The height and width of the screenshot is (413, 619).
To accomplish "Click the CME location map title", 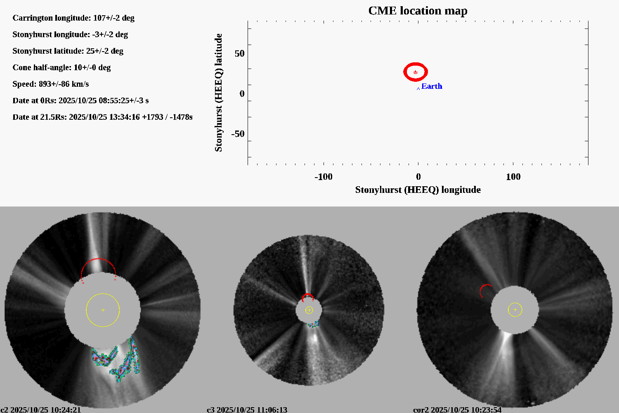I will [418, 11].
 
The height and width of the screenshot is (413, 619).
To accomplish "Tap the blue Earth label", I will [432, 86].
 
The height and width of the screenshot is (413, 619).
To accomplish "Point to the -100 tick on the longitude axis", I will [324, 177].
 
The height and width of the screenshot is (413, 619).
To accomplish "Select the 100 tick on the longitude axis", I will [513, 177].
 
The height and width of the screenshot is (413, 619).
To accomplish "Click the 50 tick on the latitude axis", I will [239, 54].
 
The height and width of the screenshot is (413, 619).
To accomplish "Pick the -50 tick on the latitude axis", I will [238, 134].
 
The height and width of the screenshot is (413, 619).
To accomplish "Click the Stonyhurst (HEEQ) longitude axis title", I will [418, 190].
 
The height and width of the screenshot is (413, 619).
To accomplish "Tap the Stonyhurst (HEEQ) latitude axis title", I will [218, 93].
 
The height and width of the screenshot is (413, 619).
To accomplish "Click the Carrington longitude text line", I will [73, 18].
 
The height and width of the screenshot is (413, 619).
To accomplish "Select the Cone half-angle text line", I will [61, 67].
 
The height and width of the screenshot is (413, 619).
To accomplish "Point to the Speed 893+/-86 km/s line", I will [50, 84].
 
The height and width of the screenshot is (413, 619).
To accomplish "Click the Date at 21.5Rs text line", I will [102, 117].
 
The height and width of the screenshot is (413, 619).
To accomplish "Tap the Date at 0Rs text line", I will [80, 100].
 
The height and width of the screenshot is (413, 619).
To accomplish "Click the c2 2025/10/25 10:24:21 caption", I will [40, 410].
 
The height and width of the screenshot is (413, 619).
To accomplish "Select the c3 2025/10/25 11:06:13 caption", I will [247, 410].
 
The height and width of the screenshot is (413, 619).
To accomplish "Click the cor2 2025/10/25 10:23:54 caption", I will [457, 410].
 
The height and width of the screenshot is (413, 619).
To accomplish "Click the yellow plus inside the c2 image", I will [103, 310].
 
